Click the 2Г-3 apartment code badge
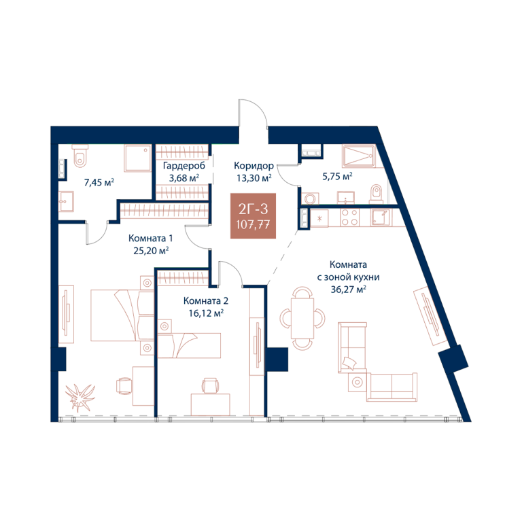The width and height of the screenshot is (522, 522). click(253, 215)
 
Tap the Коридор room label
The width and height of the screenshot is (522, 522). click(254, 165)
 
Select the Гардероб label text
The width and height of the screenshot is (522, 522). click(184, 165)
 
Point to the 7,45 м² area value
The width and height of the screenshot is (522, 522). click(99, 182)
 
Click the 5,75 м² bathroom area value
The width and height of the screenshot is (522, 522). click(337, 176)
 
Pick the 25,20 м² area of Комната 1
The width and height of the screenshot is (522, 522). click(151, 250)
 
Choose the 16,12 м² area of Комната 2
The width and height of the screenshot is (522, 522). click(206, 313)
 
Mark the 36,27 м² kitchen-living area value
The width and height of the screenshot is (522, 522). click(348, 290)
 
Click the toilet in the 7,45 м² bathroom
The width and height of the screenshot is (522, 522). click(80, 156)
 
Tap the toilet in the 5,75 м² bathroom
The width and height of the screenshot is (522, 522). click(376, 194)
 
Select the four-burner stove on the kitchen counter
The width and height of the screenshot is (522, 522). click(349, 217)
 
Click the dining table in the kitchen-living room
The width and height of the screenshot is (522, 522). click(302, 318)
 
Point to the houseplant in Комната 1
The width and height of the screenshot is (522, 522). click(80, 397)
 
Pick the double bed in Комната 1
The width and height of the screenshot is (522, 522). click(122, 315)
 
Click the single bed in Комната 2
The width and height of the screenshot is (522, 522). click(189, 345)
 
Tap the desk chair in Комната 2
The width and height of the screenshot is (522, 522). click(211, 385)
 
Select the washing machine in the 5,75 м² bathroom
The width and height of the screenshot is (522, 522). click(310, 198)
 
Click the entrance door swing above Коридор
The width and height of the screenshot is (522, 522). click(253, 113)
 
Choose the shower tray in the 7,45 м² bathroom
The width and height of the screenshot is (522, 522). click(137, 158)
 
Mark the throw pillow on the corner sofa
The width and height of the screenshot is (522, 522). click(349, 363)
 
